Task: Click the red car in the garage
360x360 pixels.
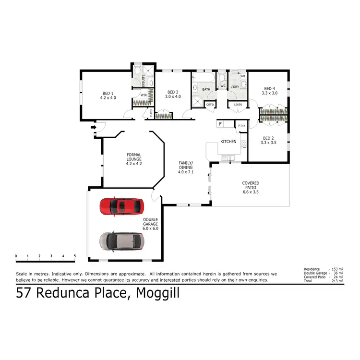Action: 121,206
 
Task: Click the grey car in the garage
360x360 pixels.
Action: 121,241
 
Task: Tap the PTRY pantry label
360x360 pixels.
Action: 241,126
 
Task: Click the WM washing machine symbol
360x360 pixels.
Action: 242,76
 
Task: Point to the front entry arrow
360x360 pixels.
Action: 92,127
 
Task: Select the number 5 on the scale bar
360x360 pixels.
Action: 75,256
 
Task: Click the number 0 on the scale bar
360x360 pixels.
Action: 16,256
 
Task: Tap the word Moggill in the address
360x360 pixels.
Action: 158,293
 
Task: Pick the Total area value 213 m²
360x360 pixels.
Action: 337,281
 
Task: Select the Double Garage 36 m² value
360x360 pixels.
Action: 337,273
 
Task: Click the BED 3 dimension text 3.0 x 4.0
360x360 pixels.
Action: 173,97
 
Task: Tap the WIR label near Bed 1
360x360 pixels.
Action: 144,95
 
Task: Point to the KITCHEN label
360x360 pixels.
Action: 228,142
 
